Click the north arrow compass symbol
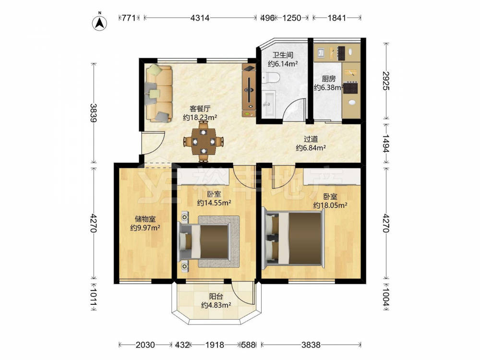click(x=99, y=22)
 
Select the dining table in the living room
click(x=203, y=142)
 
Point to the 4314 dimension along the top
click(x=200, y=18)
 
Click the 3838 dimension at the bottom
click(x=311, y=345)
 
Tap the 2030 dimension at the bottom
click(x=145, y=345)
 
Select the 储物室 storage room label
click(x=145, y=219)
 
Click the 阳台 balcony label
click(x=216, y=296)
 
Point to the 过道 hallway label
click(x=311, y=139)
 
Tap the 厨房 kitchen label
click(x=328, y=79)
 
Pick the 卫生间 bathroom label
click(x=283, y=55)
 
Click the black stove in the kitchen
click(x=350, y=87)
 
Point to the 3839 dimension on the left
click(x=94, y=113)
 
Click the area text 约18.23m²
click(x=200, y=117)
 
